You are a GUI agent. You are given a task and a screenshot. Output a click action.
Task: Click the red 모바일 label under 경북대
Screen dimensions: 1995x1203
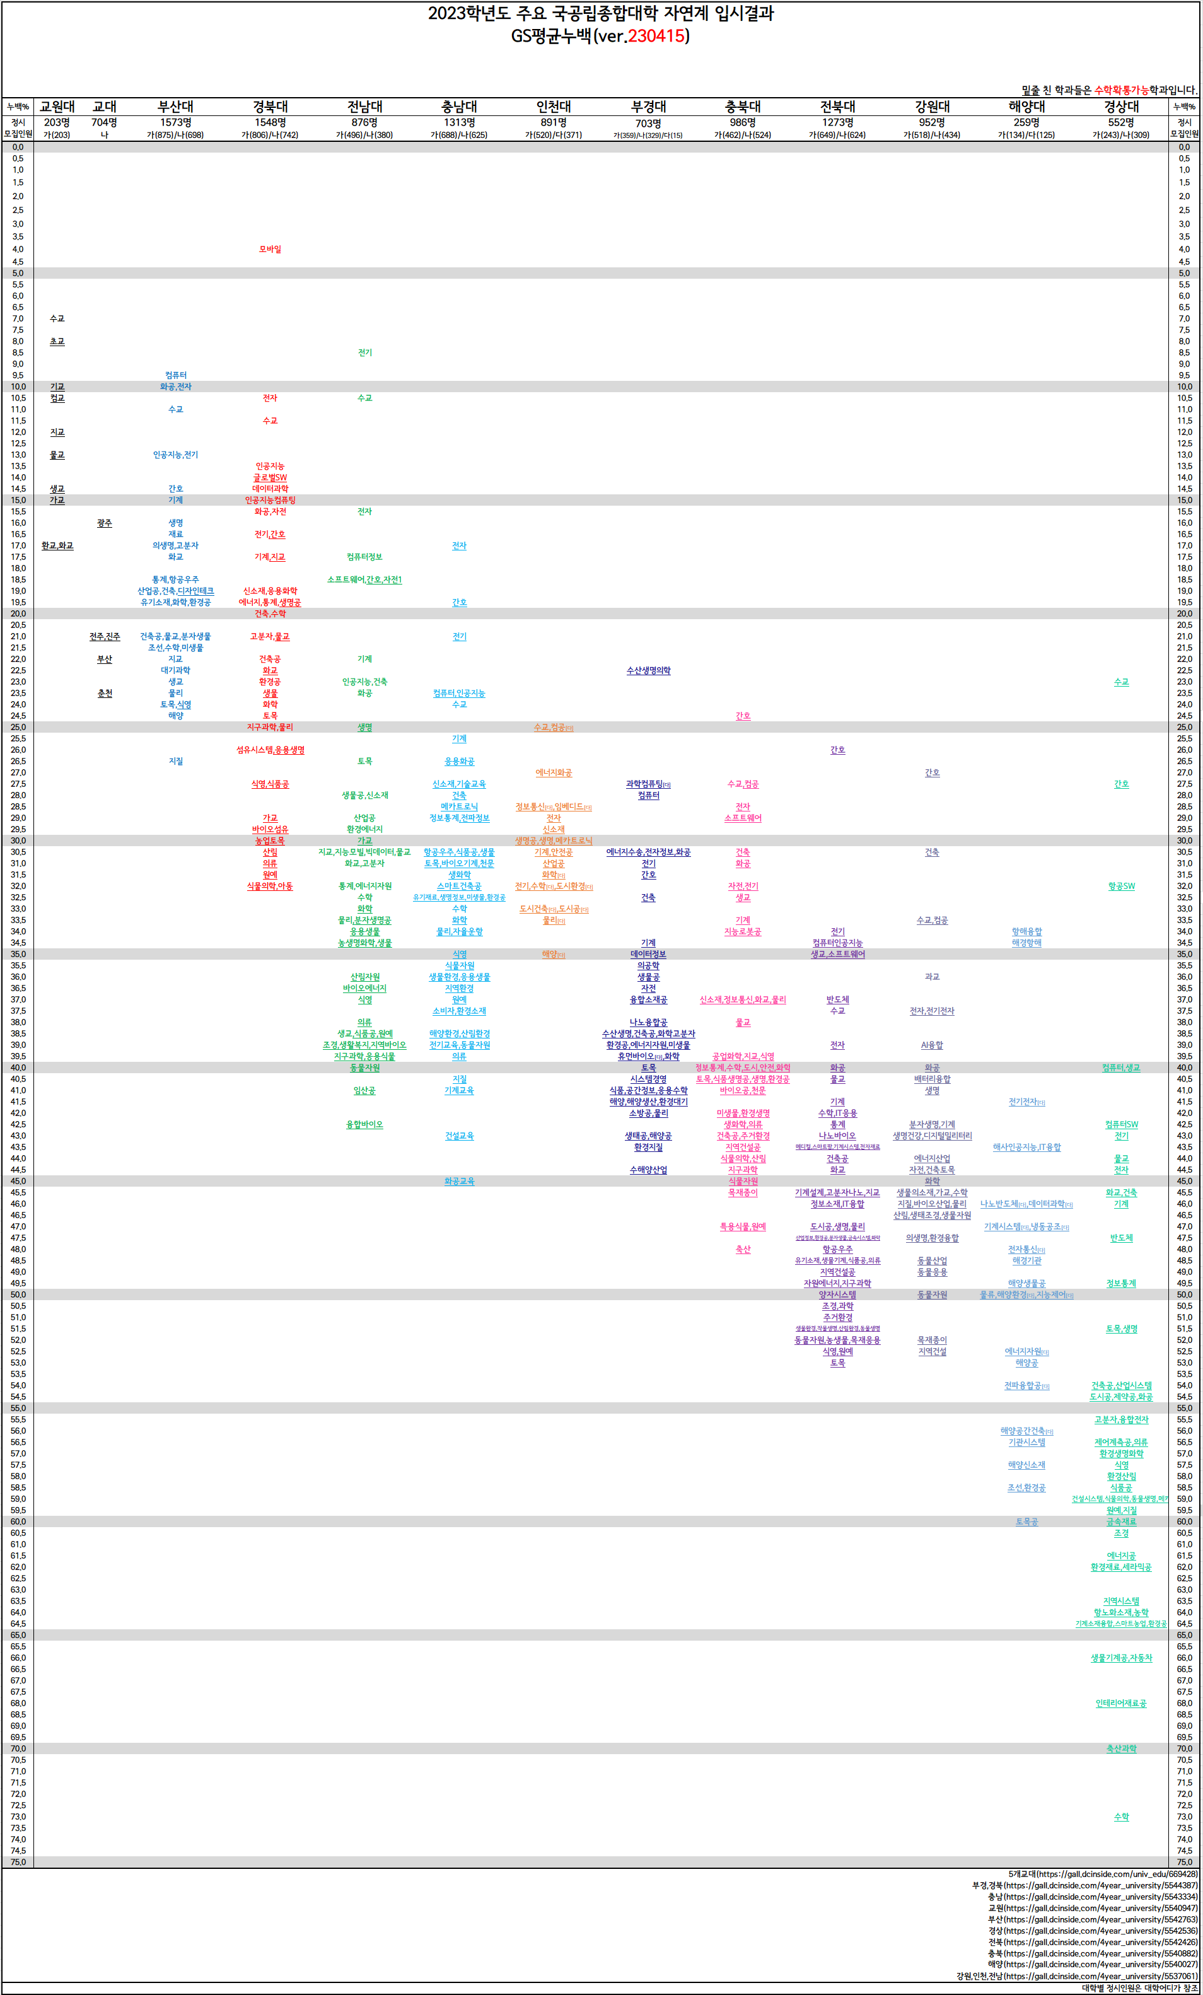tap(270, 250)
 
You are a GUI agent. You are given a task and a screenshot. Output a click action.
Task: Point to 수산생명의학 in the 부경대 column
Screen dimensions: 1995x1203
tap(648, 670)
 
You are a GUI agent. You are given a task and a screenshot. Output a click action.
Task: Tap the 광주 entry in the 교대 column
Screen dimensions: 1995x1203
tap(105, 523)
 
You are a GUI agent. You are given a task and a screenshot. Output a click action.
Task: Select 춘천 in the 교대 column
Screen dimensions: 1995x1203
tap(105, 693)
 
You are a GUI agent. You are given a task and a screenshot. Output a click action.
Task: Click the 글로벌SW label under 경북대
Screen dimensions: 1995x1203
tap(270, 478)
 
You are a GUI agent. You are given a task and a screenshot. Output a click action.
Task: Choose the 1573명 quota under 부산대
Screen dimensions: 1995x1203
tap(176, 122)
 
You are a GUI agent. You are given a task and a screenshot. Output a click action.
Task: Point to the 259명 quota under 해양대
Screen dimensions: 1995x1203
tap(1026, 122)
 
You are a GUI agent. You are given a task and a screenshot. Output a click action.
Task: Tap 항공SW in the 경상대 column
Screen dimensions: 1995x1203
tap(1121, 886)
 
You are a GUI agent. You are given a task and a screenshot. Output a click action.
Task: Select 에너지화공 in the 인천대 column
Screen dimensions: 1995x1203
tap(554, 772)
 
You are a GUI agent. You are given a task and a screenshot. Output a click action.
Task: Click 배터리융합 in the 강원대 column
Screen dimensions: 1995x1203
tap(932, 1079)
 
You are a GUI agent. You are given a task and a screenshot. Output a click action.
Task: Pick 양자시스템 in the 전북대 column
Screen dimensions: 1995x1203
tap(837, 1294)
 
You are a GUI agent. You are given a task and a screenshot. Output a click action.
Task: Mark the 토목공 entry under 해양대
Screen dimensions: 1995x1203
tap(1026, 1521)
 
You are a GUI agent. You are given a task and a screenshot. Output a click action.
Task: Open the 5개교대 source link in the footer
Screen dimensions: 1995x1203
tap(1103, 1873)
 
